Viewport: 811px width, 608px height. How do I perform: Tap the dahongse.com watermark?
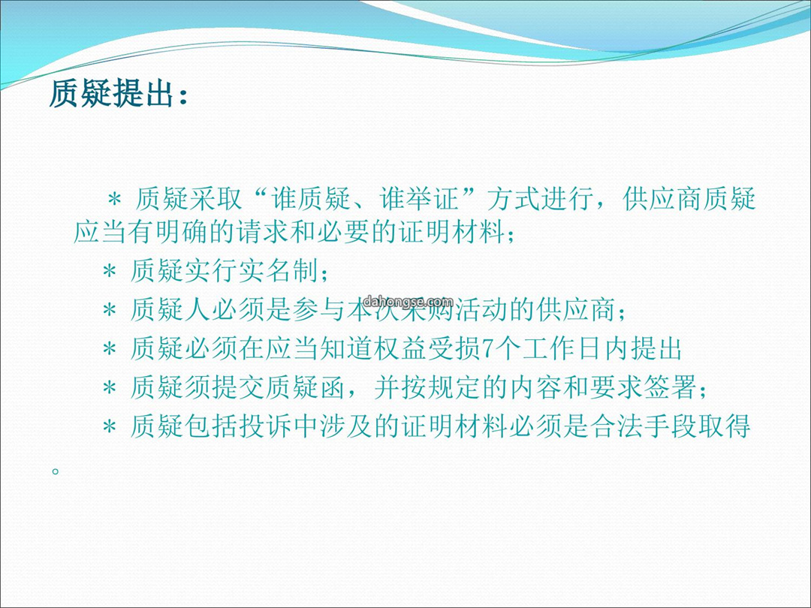408,301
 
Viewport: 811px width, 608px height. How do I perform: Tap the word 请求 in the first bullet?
264,232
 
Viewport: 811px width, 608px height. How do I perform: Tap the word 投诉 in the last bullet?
265,427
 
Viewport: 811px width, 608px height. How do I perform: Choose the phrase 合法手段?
644,427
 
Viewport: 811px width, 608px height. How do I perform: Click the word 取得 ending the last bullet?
724,427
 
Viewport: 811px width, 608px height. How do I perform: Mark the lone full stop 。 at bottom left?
56,471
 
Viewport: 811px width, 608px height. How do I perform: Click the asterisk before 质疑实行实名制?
109,271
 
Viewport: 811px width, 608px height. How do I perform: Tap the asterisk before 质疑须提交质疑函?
109,388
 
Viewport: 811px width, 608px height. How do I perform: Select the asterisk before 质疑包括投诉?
109,428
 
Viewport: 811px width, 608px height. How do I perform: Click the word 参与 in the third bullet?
318,310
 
